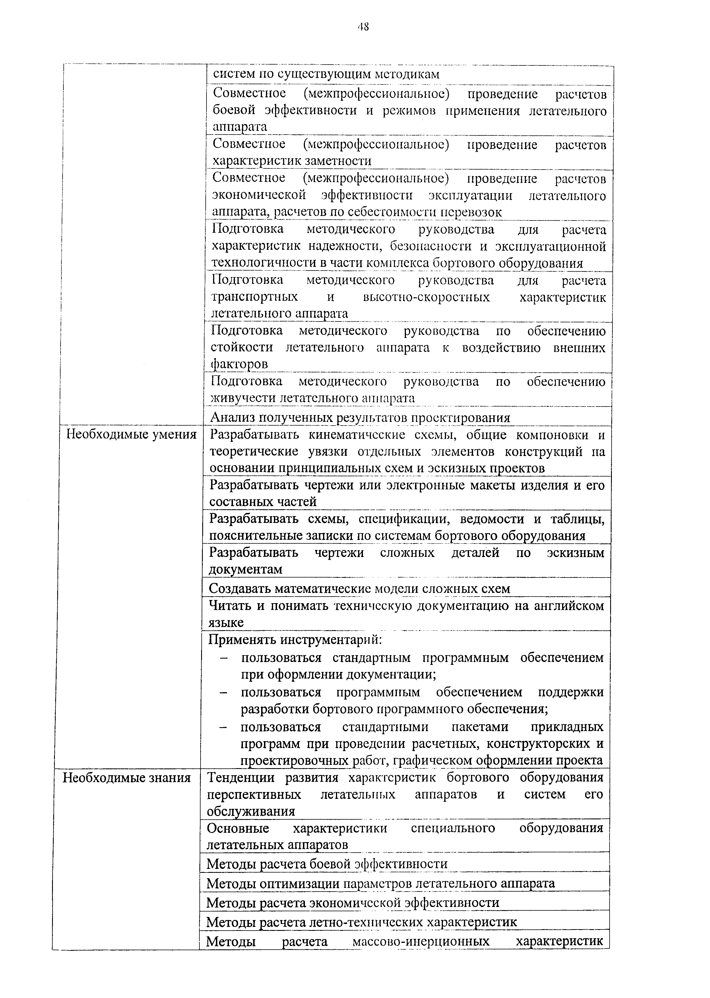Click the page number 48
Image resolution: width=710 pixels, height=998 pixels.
tap(363, 27)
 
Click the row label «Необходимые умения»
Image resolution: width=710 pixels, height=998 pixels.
tap(131, 435)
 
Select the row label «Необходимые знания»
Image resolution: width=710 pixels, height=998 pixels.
tap(127, 778)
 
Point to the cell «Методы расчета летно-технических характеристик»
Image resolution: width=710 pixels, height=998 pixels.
tap(361, 922)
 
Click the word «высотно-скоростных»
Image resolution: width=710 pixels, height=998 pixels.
tap(426, 297)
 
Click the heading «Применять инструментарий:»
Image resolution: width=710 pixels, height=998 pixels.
tap(295, 640)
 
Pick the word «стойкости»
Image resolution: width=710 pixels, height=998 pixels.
tap(242, 348)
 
